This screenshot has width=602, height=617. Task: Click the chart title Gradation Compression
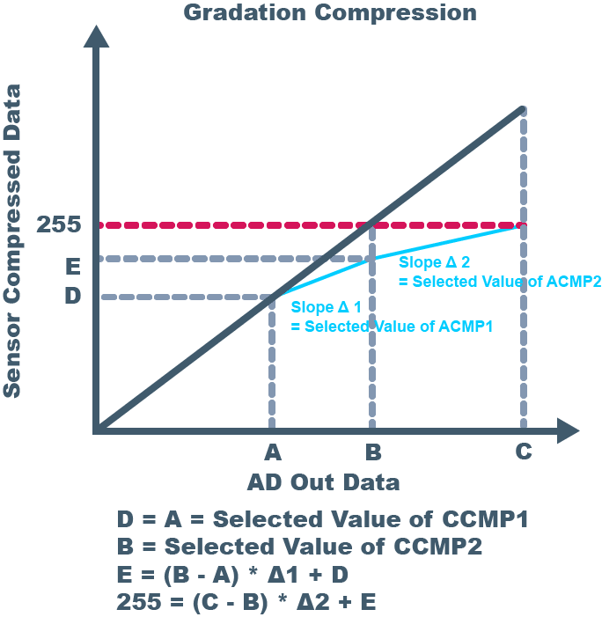coord(330,12)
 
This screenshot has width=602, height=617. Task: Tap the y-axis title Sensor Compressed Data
coord(12,241)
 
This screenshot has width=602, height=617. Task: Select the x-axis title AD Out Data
coord(323,482)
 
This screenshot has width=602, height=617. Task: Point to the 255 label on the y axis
coord(59,224)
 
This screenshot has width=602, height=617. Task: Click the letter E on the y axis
coord(72,265)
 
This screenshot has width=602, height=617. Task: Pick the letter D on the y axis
coord(72,295)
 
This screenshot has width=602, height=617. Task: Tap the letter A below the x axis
coord(272,452)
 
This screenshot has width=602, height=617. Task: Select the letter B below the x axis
coord(373,452)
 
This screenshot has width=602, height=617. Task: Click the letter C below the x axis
coord(523,452)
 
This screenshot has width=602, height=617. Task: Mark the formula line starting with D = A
coord(322,519)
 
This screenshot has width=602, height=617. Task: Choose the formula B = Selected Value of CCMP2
coord(299,547)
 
